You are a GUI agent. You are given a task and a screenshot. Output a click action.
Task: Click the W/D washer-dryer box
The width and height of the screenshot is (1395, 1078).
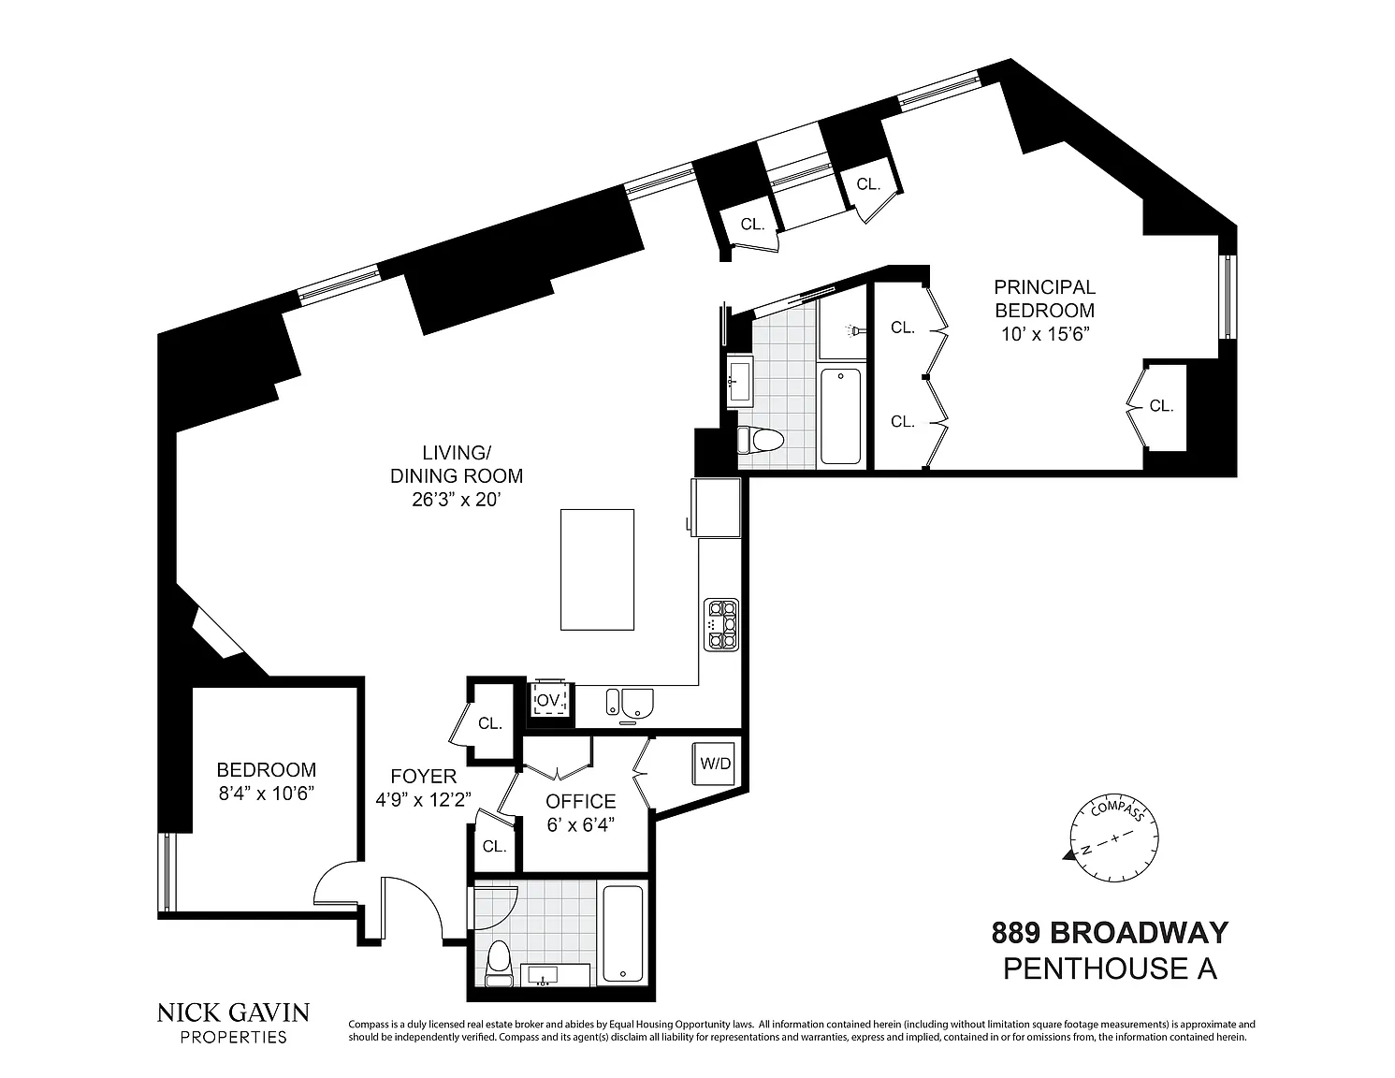pyautogui.click(x=715, y=764)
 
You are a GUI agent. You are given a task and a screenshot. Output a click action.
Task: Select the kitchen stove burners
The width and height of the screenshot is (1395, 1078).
pyautogui.click(x=721, y=625)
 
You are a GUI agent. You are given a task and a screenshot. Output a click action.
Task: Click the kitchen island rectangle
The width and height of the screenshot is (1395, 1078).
pyautogui.click(x=597, y=570)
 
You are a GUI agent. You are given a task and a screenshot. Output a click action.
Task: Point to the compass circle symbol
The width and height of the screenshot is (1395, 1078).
pyautogui.click(x=1113, y=838)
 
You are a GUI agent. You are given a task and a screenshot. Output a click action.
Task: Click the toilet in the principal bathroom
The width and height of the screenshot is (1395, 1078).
pyautogui.click(x=762, y=441)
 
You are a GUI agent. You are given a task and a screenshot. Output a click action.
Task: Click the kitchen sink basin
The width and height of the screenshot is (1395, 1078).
pyautogui.click(x=630, y=703)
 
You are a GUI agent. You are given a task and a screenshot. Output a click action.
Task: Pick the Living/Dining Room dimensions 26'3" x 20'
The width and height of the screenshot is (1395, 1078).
pyautogui.click(x=456, y=500)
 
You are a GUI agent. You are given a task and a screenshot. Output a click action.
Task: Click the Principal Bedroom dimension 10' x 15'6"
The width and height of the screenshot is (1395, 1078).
pyautogui.click(x=1046, y=334)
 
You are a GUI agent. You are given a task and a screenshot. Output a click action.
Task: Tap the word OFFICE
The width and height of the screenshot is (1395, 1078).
pyautogui.click(x=580, y=801)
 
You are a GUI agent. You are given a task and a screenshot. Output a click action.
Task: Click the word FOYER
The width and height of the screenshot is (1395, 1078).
pyautogui.click(x=424, y=777)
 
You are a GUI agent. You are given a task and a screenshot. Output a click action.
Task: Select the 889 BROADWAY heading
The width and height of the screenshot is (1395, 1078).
pyautogui.click(x=1110, y=933)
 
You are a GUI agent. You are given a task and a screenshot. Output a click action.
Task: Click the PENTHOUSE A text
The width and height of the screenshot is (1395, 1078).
pyautogui.click(x=1110, y=969)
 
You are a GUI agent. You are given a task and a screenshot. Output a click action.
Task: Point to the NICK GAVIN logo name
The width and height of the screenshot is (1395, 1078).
pyautogui.click(x=234, y=1013)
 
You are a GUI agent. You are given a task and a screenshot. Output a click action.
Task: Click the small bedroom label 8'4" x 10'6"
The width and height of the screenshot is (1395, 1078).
pyautogui.click(x=267, y=794)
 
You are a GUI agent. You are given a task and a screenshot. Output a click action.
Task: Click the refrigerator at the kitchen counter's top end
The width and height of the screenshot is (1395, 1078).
pyautogui.click(x=716, y=507)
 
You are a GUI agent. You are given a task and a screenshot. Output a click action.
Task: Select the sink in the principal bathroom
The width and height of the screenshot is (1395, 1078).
pyautogui.click(x=739, y=380)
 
